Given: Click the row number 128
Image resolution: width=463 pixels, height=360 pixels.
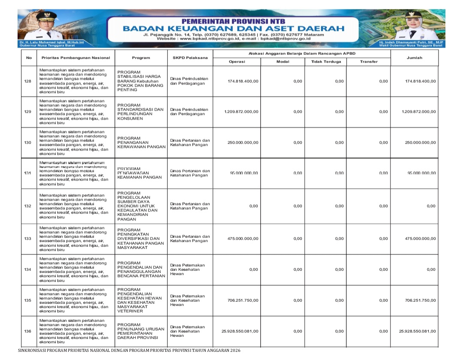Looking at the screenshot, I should [x=29, y=81].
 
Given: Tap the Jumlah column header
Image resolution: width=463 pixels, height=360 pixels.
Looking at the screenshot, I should [x=414, y=57].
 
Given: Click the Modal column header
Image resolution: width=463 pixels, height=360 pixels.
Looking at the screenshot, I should [x=283, y=62].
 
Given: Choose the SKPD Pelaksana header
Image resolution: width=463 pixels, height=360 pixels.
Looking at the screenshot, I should [x=190, y=57].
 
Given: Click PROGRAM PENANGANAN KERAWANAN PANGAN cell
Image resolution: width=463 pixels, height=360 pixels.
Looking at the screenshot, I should [x=141, y=142].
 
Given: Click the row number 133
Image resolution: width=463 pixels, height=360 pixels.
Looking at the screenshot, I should [x=29, y=239].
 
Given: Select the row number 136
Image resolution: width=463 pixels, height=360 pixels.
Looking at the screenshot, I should [x=29, y=331].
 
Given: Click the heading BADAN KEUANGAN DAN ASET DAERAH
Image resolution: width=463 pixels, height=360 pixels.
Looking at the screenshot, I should [x=233, y=28].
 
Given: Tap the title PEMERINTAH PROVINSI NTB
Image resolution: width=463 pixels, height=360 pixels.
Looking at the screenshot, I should [x=233, y=21].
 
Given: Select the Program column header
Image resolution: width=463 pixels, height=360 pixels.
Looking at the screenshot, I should [x=141, y=57].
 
